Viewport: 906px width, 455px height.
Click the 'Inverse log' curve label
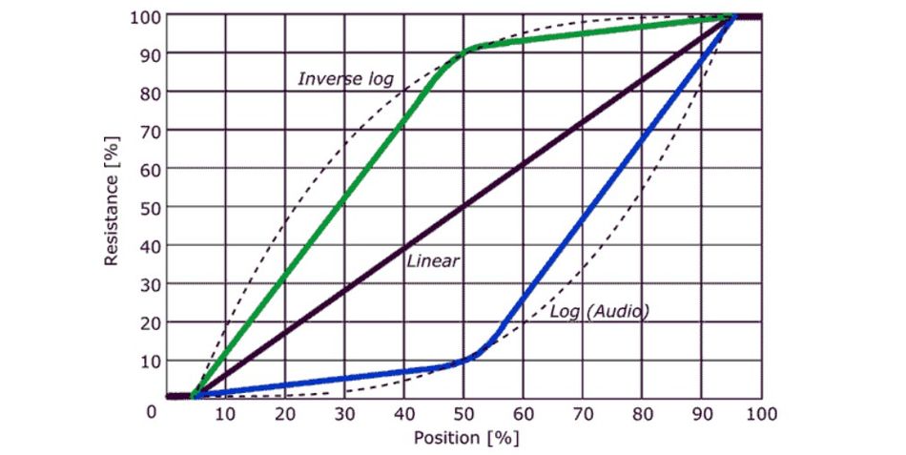click(345, 78)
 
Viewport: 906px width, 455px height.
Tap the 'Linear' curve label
click(433, 260)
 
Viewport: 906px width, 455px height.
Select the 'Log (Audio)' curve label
click(600, 311)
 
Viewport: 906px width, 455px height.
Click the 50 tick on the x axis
click(463, 413)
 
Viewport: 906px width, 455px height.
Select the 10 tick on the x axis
click(225, 413)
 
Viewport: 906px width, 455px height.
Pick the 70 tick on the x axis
click(583, 413)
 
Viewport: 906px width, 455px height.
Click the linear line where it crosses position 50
click(463, 206)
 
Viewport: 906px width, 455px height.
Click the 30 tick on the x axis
click(344, 413)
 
